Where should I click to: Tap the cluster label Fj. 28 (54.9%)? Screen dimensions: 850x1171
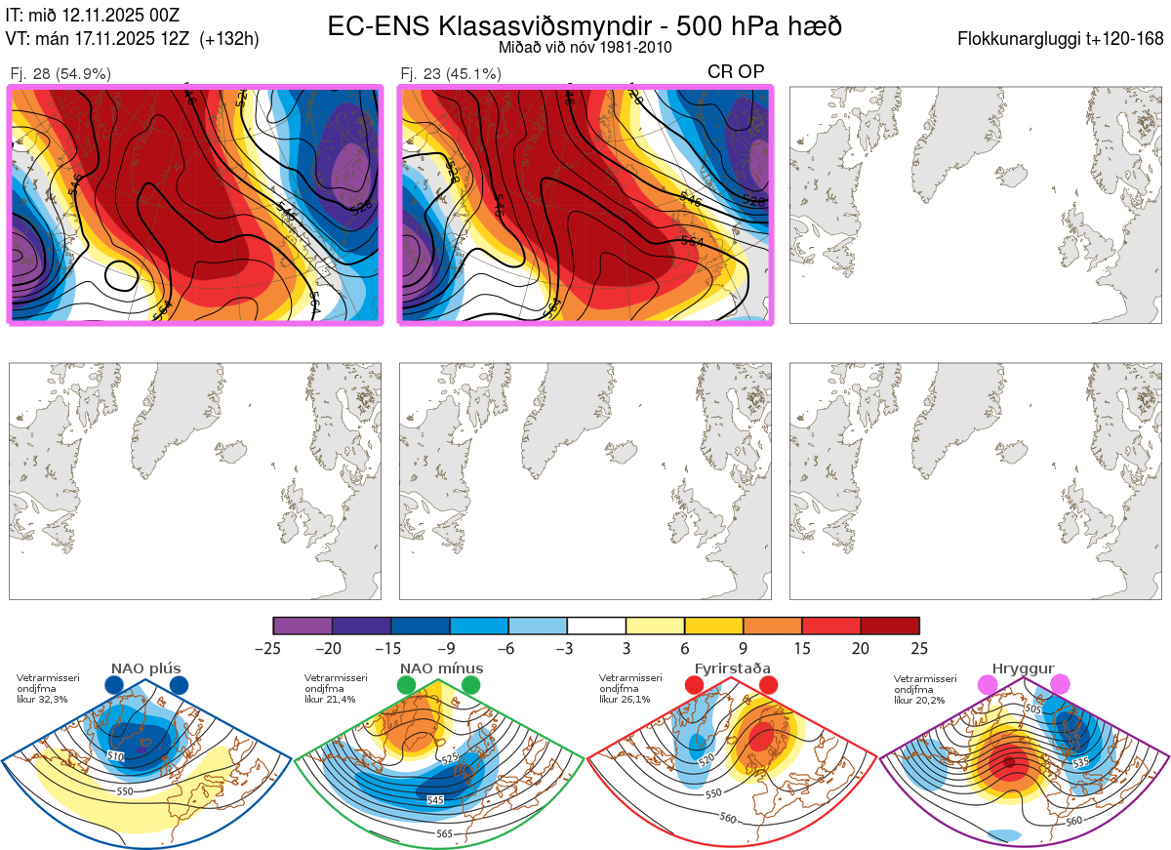point(61,73)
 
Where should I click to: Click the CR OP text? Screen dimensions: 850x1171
point(736,71)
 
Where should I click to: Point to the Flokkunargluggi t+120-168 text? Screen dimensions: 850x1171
point(1061,40)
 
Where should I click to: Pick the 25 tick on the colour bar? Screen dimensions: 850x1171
point(917,648)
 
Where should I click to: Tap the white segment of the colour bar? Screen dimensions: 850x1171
point(596,626)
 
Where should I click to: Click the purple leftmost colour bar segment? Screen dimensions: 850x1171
point(303,626)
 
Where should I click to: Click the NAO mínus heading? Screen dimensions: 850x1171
point(441,668)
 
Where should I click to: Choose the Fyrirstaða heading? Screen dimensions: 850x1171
point(732,668)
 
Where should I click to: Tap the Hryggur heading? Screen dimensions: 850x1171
point(1024,668)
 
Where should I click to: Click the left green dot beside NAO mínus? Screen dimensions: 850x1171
point(407,686)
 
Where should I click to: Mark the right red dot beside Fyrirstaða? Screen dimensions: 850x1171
point(768,686)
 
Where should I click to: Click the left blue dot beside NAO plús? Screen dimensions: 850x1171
point(114,686)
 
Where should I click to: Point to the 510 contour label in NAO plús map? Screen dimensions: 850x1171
point(116,756)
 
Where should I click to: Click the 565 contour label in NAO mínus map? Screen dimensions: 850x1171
point(444,833)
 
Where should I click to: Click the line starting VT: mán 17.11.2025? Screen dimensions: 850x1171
point(131,39)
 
